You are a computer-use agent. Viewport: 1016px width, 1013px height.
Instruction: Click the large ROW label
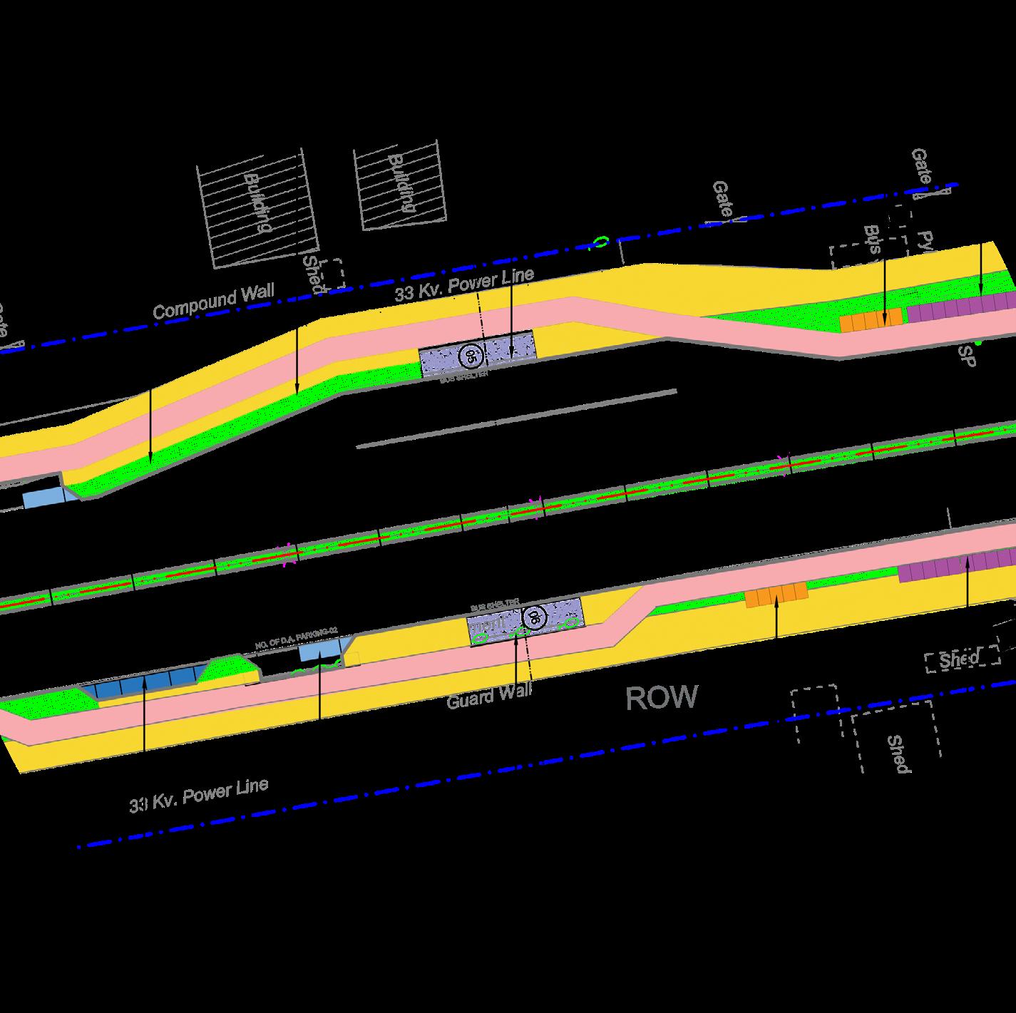click(x=662, y=698)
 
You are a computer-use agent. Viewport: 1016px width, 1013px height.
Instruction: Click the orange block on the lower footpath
click(x=776, y=594)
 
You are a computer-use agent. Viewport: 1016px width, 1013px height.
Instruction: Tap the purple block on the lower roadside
click(x=955, y=567)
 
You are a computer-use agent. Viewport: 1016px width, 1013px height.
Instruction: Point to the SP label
click(x=968, y=357)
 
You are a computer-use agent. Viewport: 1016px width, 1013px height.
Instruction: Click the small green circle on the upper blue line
click(x=602, y=243)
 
